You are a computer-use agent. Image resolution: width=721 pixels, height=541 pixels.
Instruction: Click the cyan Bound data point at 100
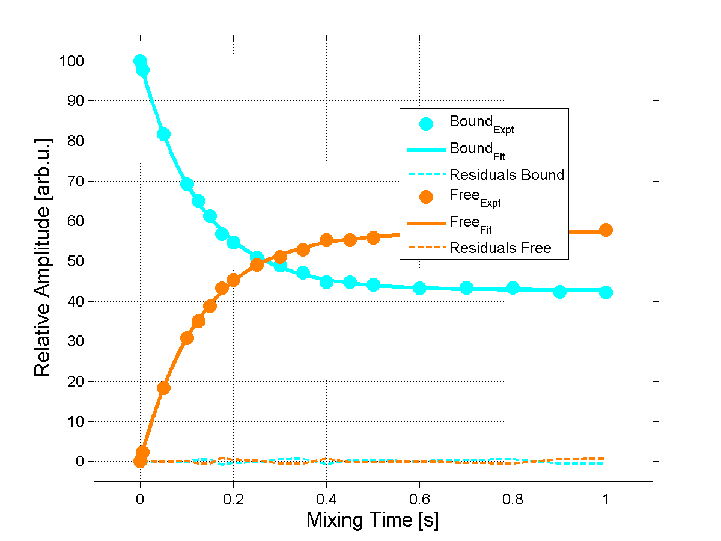pos(140,61)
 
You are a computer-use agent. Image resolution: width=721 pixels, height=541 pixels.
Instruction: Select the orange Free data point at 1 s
pos(606,230)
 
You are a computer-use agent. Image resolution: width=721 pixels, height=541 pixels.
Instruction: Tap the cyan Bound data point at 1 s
pos(606,292)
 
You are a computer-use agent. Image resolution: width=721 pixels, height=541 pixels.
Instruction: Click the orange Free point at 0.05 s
pos(163,388)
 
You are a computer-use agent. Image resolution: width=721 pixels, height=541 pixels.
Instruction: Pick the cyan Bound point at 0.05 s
pos(163,134)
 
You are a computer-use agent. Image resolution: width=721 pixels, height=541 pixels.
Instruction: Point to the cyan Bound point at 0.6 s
pos(419,288)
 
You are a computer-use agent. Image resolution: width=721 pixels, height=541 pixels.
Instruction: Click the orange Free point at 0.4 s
pos(326,240)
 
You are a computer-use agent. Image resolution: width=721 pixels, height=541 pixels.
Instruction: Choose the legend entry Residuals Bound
pos(507,175)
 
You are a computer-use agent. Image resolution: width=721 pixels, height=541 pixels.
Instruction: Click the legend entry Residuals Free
pos(500,248)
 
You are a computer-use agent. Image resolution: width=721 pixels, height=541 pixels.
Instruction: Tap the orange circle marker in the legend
pos(426,197)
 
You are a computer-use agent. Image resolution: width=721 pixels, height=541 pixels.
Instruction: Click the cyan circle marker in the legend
pos(426,124)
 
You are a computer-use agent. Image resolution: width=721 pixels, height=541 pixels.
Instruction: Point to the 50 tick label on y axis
pos(75,261)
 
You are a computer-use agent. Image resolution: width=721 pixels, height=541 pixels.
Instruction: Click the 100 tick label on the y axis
pos(71,61)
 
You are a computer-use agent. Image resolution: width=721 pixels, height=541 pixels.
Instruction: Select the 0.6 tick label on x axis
pos(419,498)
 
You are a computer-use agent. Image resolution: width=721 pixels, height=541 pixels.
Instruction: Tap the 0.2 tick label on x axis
pos(233,498)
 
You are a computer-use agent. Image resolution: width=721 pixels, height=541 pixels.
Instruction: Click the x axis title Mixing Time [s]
pos(373,519)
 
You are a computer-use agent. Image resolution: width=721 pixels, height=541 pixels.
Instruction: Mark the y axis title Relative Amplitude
pos(43,257)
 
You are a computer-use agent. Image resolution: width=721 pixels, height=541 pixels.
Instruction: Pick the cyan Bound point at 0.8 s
pos(513,287)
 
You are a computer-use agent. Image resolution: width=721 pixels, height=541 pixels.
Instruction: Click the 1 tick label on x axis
pos(606,498)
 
